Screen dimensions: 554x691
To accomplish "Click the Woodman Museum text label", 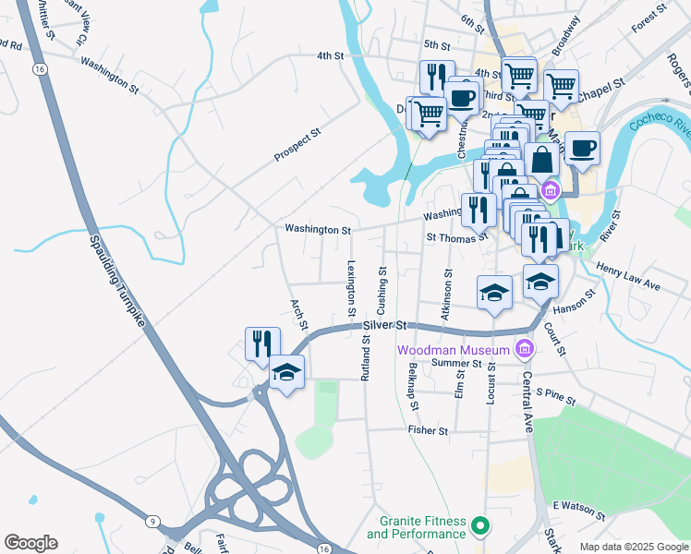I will click(x=454, y=350).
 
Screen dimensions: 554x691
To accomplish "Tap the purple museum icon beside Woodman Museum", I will click(x=525, y=349).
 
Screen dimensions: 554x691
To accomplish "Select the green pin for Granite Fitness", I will click(x=479, y=526).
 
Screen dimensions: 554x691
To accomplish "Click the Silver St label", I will click(x=385, y=326).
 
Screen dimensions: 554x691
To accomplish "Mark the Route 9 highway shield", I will click(x=151, y=523).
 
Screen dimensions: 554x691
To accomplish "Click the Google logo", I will click(x=30, y=543).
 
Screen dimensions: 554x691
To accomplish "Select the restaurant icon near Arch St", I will click(x=262, y=343).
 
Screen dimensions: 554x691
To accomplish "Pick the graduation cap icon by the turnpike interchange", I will click(x=287, y=372).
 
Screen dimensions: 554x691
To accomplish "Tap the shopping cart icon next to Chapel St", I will click(x=561, y=87).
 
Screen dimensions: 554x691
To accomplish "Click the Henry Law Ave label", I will click(x=628, y=277).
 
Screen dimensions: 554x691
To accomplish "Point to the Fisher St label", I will click(x=428, y=430).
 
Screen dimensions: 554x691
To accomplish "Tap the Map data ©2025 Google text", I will click(x=633, y=547).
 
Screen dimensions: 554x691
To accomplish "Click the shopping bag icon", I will click(x=542, y=160).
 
